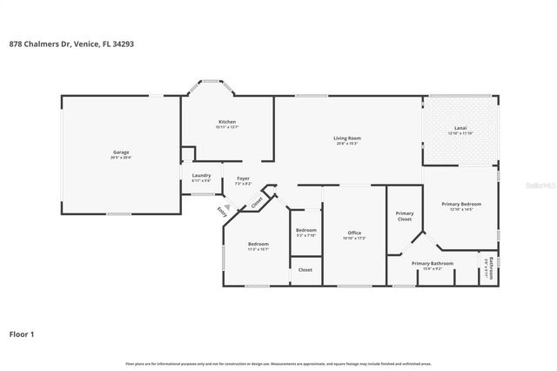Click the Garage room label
point(121,152)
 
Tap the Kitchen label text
point(226,121)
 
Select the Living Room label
point(347,138)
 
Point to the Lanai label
point(460,128)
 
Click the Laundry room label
point(201,176)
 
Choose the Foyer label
point(244,179)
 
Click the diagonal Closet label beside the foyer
point(258,201)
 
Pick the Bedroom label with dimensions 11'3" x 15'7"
point(258,243)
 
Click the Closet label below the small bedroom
point(305,270)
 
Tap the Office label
point(354,233)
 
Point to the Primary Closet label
point(405,216)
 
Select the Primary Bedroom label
point(461,203)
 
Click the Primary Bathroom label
point(433,263)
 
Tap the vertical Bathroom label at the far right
point(491,266)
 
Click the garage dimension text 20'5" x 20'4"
point(121,157)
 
